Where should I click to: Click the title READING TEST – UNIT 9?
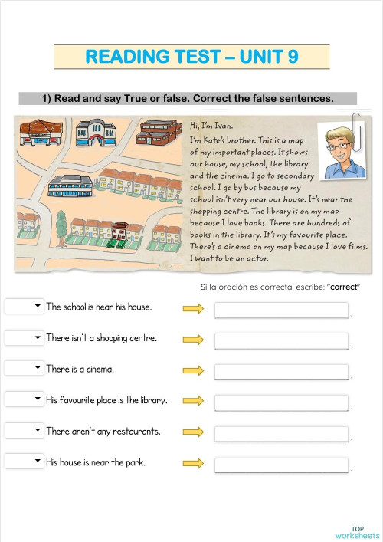click(191, 57)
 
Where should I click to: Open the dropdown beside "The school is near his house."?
click(25, 307)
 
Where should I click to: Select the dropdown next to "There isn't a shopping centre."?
click(25, 337)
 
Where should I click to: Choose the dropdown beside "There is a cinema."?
click(25, 369)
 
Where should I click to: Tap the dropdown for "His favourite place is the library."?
click(25, 399)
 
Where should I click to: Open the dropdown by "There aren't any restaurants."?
click(25, 431)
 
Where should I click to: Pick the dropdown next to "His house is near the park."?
click(25, 462)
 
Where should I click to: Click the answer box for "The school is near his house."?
click(281, 310)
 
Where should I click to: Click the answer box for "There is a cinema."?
click(281, 372)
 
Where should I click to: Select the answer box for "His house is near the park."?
click(281, 465)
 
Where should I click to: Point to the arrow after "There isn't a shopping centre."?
click(193, 339)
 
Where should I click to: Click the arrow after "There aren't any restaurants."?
click(193, 432)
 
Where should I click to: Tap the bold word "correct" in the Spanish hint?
click(344, 287)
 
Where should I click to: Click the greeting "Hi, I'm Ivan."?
click(211, 126)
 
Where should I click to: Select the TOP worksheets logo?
click(357, 532)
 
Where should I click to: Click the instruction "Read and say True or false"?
click(188, 98)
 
